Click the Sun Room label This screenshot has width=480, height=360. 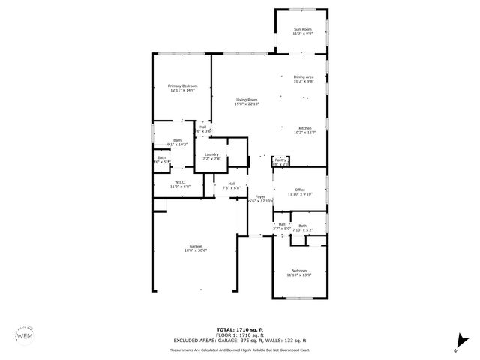[302, 29]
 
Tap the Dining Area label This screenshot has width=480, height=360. [304, 76]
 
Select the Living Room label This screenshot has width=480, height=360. [247, 100]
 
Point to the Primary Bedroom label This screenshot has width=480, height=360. [182, 86]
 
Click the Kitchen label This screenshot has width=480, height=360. [305, 128]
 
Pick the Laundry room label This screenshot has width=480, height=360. [211, 154]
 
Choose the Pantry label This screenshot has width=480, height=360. [280, 160]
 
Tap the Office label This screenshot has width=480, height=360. [299, 190]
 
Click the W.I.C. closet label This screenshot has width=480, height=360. [180, 182]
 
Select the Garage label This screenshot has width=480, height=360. [196, 246]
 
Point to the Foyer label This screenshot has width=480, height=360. [260, 196]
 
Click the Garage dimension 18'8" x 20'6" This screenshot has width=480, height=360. [196, 250]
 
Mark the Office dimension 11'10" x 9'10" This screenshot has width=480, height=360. [299, 194]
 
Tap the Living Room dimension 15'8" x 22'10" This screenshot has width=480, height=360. [247, 104]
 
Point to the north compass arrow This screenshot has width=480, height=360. [458, 343]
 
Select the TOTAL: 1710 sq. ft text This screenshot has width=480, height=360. [240, 329]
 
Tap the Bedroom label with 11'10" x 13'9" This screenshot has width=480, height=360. [298, 271]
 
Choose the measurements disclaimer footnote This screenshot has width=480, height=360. [240, 349]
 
